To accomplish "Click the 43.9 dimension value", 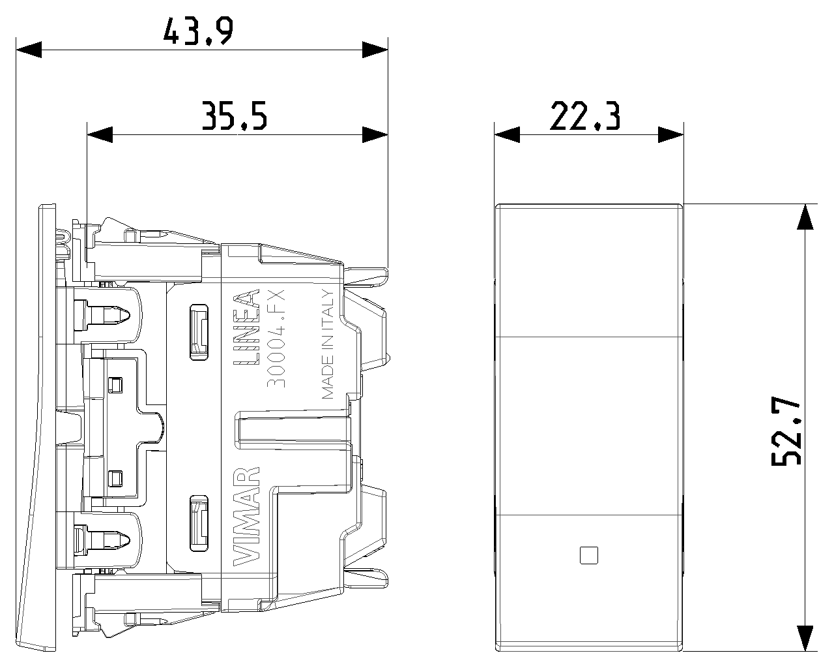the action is pyautogui.click(x=198, y=31).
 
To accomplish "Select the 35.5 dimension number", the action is pyautogui.click(x=235, y=116).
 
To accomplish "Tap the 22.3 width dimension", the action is pyautogui.click(x=585, y=116).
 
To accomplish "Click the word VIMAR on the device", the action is pyautogui.click(x=246, y=516).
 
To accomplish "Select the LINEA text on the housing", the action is pyautogui.click(x=246, y=327).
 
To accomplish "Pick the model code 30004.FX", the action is pyautogui.click(x=276, y=338).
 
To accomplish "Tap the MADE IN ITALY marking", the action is pyautogui.click(x=328, y=344).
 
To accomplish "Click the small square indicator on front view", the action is pyautogui.click(x=588, y=555).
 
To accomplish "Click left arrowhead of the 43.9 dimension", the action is pyautogui.click(x=29, y=50).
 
